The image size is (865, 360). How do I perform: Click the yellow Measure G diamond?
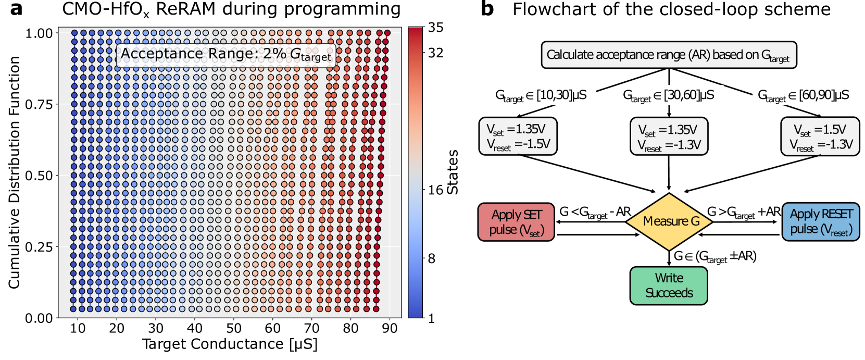[x=669, y=222]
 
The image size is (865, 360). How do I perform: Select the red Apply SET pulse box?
[x=516, y=222]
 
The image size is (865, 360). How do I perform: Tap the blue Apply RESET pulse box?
[x=820, y=221]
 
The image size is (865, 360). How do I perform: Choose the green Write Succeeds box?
[x=669, y=285]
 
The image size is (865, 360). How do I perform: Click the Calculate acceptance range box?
[x=669, y=55]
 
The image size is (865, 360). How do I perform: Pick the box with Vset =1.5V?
[x=820, y=136]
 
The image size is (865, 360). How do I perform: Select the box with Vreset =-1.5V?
[x=518, y=136]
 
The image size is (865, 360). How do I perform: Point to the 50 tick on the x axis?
[x=233, y=328]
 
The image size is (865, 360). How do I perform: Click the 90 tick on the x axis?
[x=390, y=328]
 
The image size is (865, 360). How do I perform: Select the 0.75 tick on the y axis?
[x=40, y=104]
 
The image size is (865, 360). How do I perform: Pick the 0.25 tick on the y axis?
[x=40, y=247]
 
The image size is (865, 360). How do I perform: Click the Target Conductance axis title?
[x=230, y=344]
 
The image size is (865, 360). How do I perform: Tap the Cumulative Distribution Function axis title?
[x=14, y=172]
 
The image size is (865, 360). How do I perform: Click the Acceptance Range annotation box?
[x=225, y=55]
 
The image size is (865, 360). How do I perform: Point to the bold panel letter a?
[x=16, y=9]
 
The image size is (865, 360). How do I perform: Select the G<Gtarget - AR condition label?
[x=595, y=213]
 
